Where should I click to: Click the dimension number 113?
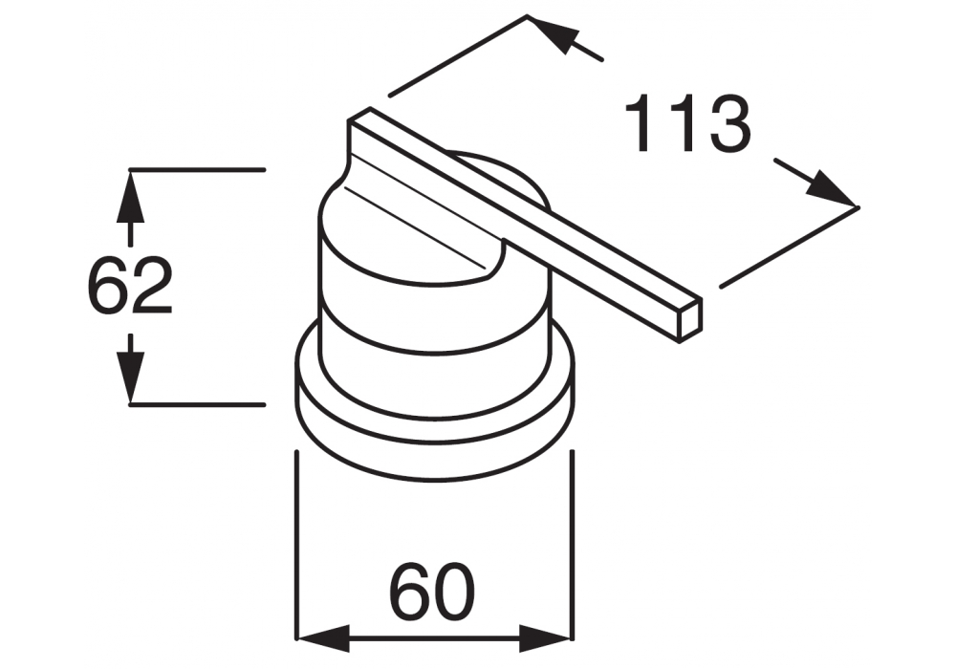point(687,123)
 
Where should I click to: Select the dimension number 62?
point(130,286)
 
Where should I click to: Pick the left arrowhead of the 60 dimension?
point(323,639)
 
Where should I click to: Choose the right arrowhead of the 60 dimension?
point(545,639)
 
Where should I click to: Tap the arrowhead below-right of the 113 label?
point(832,190)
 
